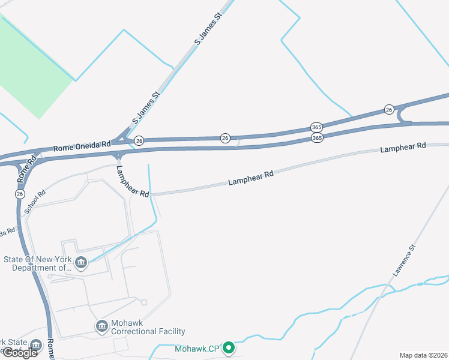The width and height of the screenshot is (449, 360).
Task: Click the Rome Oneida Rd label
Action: pyautogui.click(x=82, y=145)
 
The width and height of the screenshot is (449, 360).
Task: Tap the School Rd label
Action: pyautogui.click(x=34, y=203)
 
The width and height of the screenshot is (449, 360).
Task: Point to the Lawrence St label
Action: pyautogui.click(x=404, y=260)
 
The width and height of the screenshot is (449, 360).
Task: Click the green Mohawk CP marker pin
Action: pyautogui.click(x=228, y=347)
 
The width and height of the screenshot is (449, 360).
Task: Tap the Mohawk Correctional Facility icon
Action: pyautogui.click(x=102, y=326)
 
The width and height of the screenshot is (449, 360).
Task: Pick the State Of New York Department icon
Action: pyautogui.click(x=80, y=262)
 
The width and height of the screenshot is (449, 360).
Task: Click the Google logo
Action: pyautogui.click(x=19, y=352)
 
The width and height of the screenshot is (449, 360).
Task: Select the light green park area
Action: pyautogui.click(x=30, y=66)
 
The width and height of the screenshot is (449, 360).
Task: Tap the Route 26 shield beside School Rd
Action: pyautogui.click(x=20, y=194)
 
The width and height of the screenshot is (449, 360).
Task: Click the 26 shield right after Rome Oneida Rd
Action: pyautogui.click(x=139, y=140)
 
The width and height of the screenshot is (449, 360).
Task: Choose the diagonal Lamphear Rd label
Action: pyautogui.click(x=132, y=182)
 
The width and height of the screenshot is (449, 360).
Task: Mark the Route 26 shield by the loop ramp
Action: pyautogui.click(x=389, y=109)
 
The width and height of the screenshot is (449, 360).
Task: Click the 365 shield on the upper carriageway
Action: pyautogui.click(x=316, y=127)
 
